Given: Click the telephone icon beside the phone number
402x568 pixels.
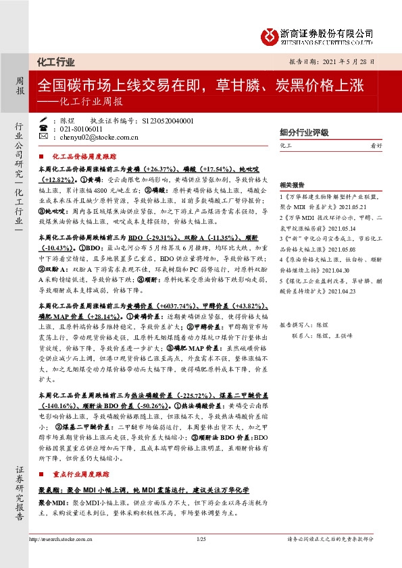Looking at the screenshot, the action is click(x=44, y=128).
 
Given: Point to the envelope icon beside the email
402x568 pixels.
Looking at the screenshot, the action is click(x=44, y=136).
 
